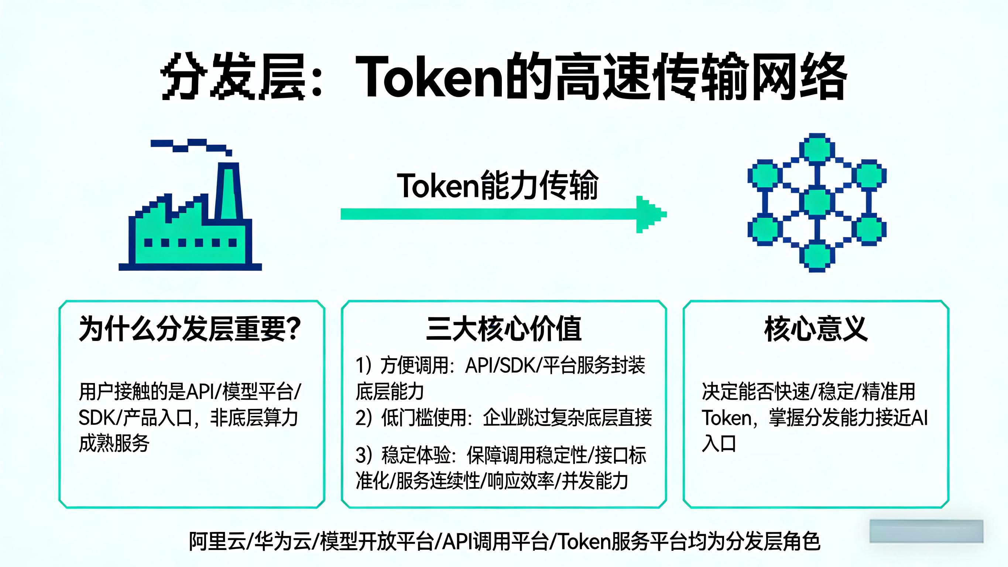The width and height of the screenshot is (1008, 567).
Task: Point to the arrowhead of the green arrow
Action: [x=652, y=214]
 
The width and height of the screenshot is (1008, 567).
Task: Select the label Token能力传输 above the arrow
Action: [x=497, y=185]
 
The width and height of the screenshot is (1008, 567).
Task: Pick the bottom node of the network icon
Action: [x=817, y=256]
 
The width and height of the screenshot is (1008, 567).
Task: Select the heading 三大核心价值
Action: [x=504, y=329]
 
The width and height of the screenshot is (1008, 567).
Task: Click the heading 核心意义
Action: [x=816, y=329]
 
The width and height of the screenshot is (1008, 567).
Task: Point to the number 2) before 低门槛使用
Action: [x=364, y=417]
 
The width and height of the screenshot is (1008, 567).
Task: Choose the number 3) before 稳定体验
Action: [x=364, y=455]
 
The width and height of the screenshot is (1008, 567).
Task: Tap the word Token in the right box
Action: [x=726, y=418]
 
